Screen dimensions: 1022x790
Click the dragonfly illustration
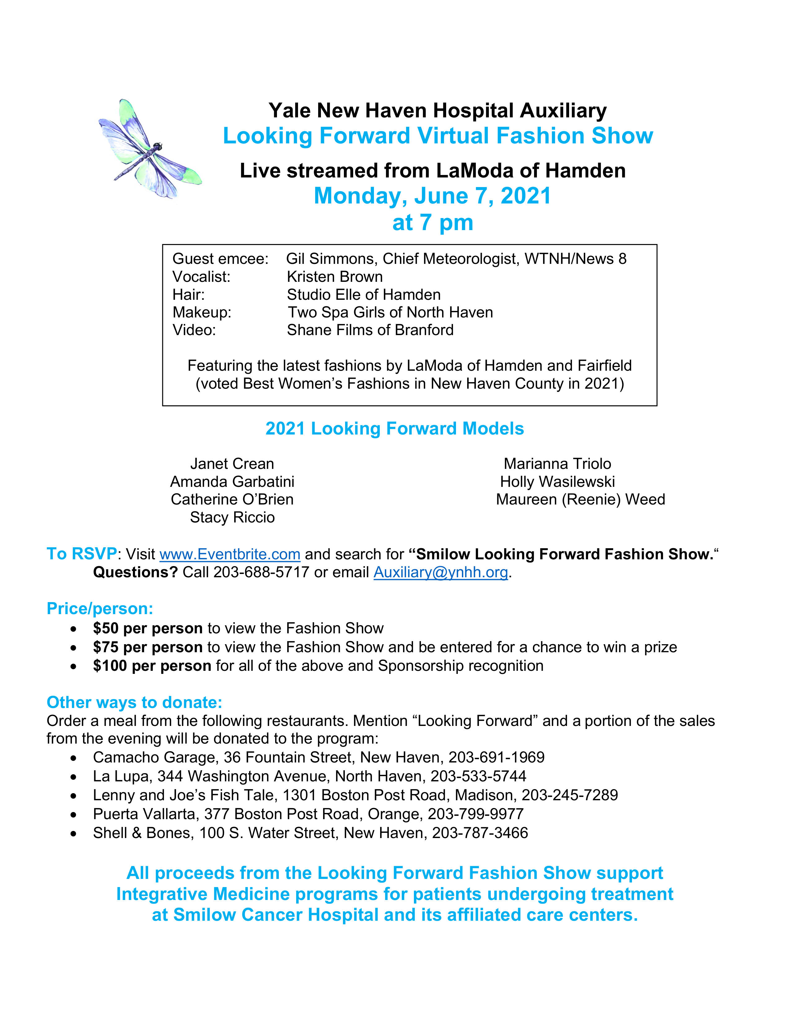[x=150, y=149]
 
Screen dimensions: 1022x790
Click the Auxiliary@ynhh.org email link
[x=441, y=572]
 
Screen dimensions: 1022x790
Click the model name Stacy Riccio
[x=232, y=518]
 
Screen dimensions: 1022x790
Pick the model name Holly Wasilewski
[x=557, y=482]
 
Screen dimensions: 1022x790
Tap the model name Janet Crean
[x=232, y=464]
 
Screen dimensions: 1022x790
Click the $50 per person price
[x=147, y=628]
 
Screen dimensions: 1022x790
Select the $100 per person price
[x=152, y=666]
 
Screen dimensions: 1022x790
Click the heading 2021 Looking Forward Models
[x=394, y=429]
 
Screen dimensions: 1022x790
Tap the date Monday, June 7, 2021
[x=432, y=196]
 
